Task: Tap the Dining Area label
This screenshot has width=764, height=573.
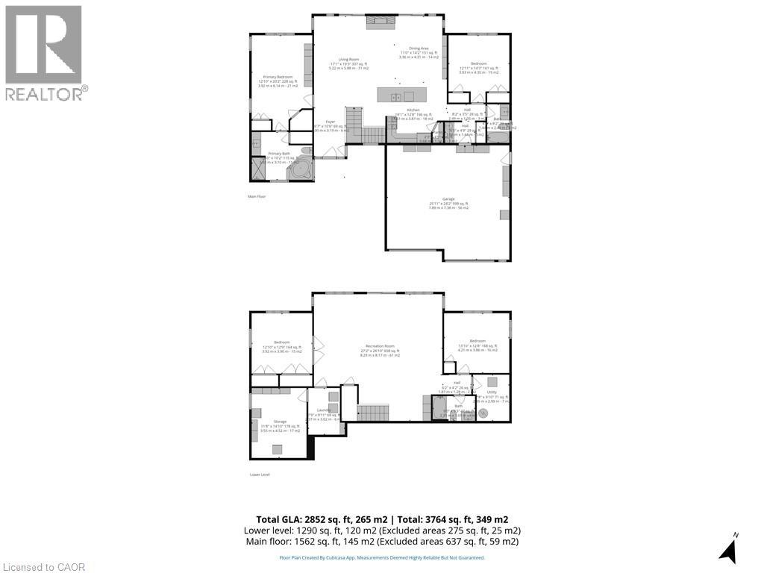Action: [413, 48]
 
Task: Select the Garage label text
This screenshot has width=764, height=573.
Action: [447, 199]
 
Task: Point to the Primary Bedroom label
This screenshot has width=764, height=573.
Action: [278, 77]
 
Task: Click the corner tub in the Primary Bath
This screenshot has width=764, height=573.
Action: [300, 169]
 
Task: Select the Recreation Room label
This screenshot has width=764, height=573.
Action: [379, 346]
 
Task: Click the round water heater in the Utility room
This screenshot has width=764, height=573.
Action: [483, 413]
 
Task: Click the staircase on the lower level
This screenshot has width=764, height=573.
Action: [373, 412]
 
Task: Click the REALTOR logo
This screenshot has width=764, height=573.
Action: [44, 52]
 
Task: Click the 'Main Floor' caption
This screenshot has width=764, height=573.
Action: [257, 196]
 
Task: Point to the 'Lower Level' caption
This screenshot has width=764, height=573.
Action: [260, 475]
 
